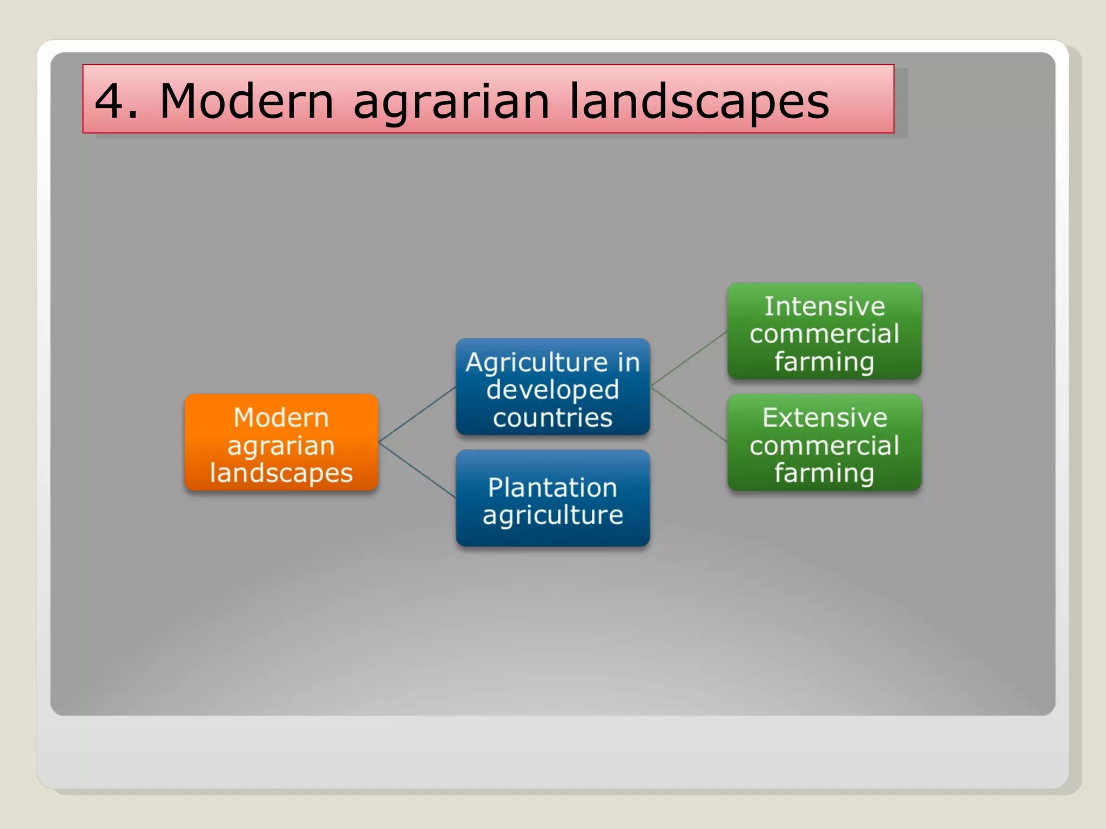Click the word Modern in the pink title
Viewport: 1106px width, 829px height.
[x=247, y=101]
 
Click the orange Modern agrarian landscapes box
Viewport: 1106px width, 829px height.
[x=281, y=443]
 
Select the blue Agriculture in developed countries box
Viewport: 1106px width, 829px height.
[x=552, y=387]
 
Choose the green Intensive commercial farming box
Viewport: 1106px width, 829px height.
[x=824, y=331]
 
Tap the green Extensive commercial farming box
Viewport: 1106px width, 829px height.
[x=824, y=443]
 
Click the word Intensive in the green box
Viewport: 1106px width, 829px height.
[x=824, y=306]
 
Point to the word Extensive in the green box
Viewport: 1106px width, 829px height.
[x=824, y=417]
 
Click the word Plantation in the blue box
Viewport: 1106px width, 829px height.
[x=552, y=487]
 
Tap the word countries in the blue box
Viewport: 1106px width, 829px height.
[x=552, y=418]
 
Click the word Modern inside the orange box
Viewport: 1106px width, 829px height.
[x=281, y=417]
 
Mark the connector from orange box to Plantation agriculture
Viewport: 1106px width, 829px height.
[x=417, y=470]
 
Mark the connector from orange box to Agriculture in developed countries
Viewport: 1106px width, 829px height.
[x=417, y=415]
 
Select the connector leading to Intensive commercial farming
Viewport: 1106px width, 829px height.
[x=689, y=359]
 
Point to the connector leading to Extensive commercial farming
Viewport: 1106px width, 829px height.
[x=689, y=414]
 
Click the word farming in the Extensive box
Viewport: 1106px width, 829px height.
[x=824, y=473]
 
